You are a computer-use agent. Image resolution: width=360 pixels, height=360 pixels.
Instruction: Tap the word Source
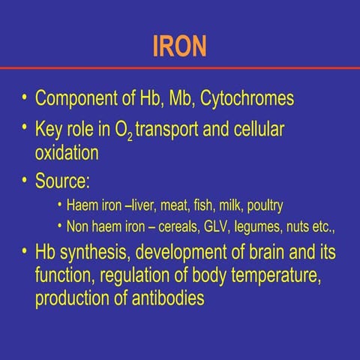tap(64, 181)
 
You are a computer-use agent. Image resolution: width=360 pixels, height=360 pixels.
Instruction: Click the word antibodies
tap(169, 298)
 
